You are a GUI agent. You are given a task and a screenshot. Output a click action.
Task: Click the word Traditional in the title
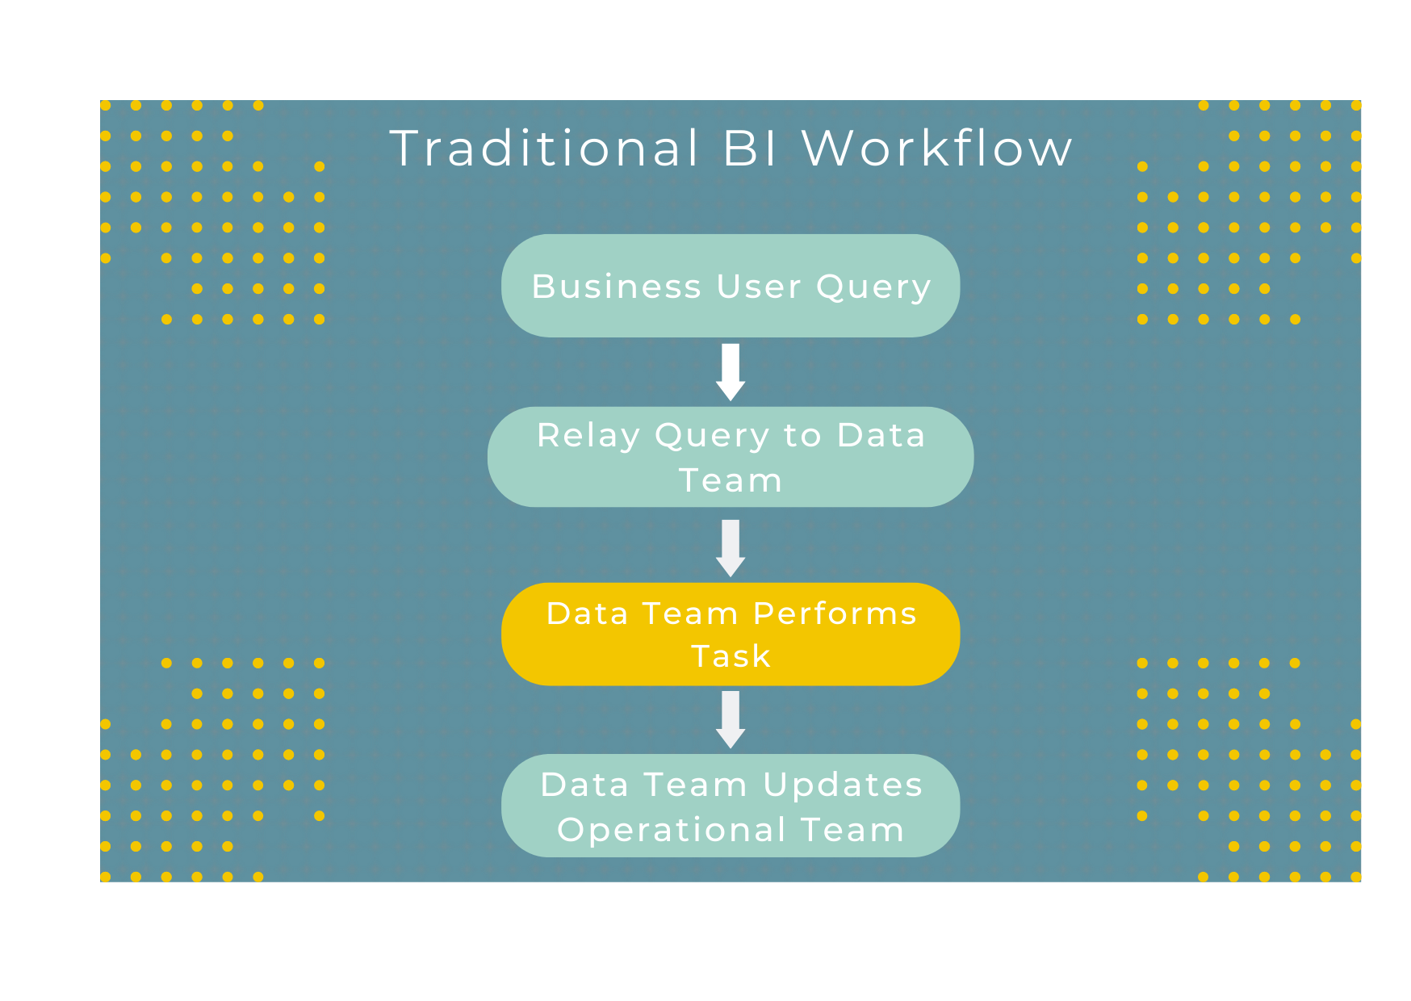[545, 149]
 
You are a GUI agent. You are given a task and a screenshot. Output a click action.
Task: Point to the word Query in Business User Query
[873, 287]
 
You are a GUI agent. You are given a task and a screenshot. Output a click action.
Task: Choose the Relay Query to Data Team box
[731, 458]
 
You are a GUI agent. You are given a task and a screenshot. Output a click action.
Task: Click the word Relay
[588, 436]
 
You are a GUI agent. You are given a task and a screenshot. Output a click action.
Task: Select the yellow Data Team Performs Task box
[731, 635]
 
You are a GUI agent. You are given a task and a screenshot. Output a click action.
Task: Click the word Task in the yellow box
[731, 656]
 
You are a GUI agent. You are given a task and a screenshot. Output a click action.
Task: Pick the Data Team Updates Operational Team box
[731, 806]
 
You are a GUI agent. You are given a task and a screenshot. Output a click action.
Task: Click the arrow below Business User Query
[731, 371]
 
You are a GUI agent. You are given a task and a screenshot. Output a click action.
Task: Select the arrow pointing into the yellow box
[731, 547]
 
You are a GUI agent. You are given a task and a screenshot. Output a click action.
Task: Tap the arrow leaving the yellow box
[731, 718]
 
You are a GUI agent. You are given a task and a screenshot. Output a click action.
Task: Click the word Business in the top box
[617, 287]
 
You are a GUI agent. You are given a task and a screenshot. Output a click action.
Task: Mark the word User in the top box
[758, 287]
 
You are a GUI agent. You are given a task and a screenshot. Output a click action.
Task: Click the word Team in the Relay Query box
[731, 481]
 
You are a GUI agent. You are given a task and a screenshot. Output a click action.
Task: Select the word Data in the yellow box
[587, 614]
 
